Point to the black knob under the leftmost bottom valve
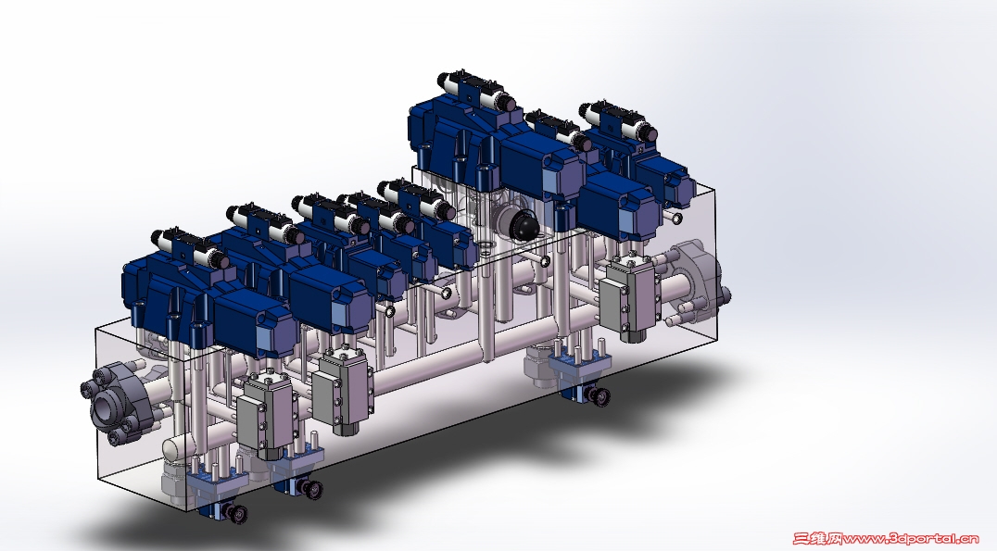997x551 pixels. click(x=238, y=514)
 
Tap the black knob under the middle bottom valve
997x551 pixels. click(x=312, y=490)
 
